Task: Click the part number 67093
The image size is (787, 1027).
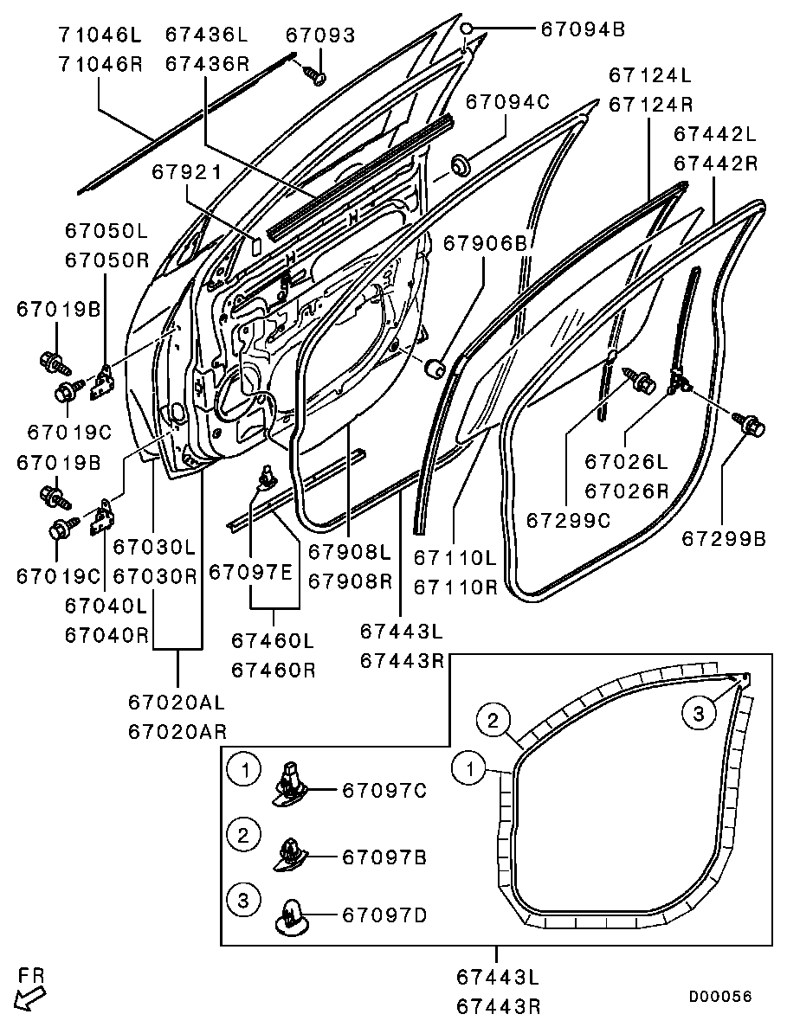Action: click(x=319, y=35)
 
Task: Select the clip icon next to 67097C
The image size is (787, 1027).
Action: click(x=293, y=784)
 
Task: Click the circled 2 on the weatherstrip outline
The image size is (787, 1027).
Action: click(x=492, y=720)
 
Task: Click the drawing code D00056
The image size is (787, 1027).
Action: click(x=720, y=997)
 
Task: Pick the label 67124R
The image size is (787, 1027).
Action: click(x=651, y=105)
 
